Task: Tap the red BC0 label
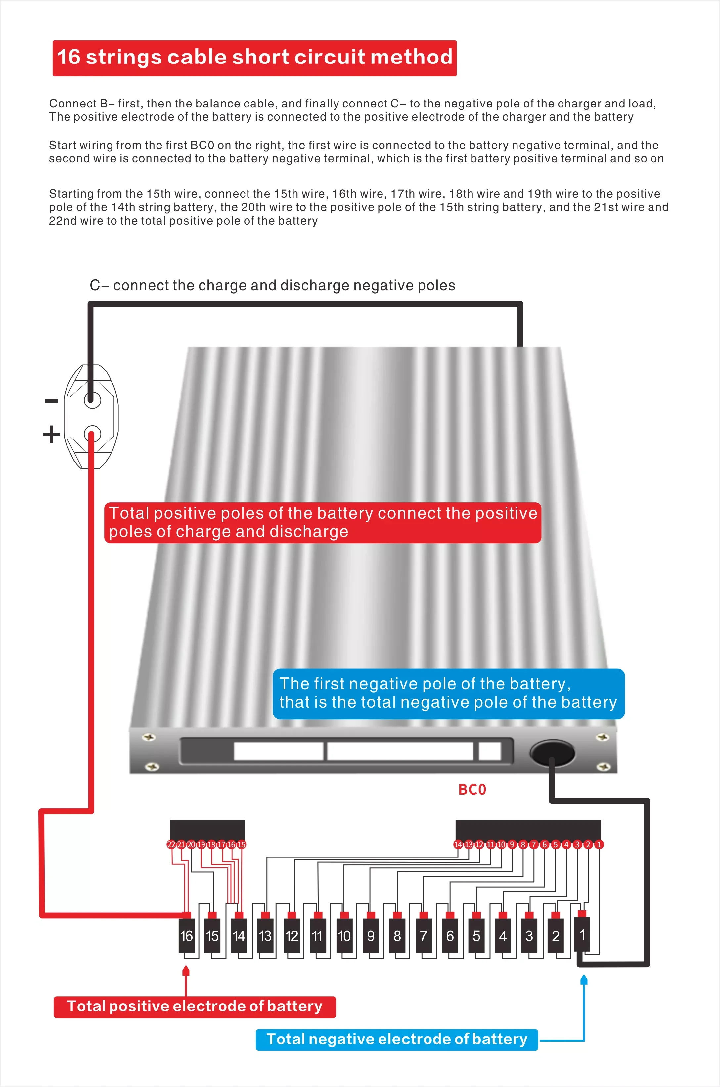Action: pos(472,790)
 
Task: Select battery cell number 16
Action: pos(186,936)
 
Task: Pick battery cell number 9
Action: pos(371,936)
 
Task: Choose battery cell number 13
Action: pos(265,936)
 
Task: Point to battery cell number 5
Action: pos(476,936)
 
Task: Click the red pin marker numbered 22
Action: pos(171,844)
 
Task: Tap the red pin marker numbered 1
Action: pos(599,844)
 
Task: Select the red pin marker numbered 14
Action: pos(458,844)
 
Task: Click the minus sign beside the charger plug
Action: pos(51,401)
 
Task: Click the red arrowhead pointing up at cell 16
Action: pos(186,970)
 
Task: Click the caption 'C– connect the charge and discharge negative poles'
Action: pos(272,285)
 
